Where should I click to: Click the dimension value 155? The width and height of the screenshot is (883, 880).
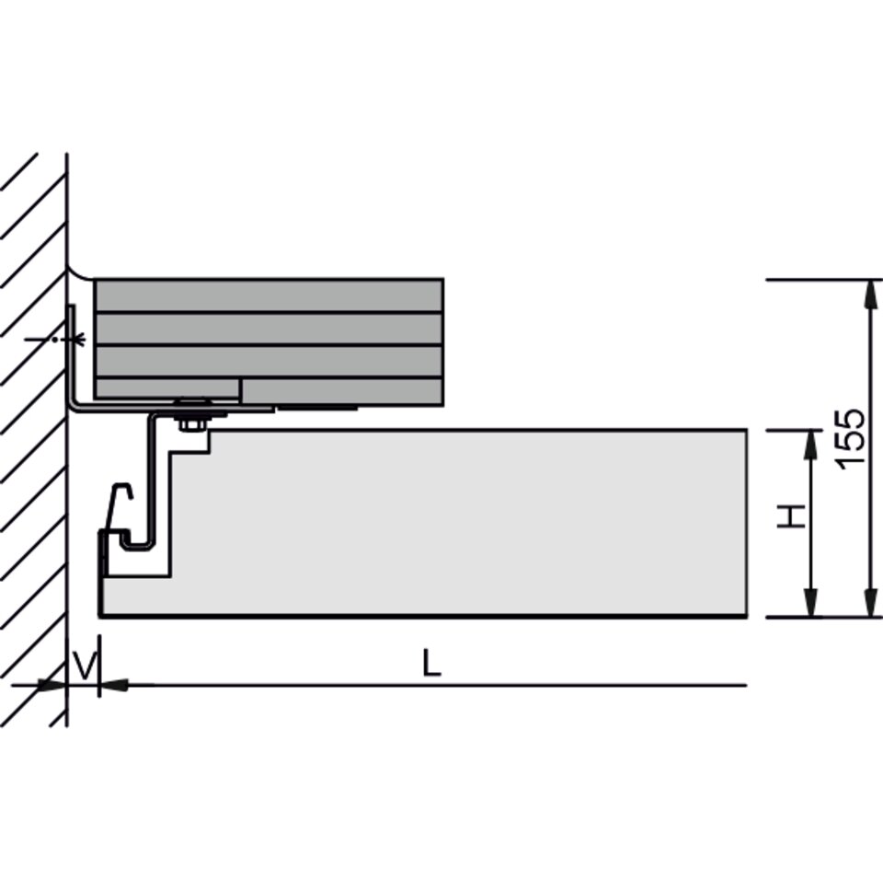click(x=850, y=438)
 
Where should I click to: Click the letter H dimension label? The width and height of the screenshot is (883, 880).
click(x=791, y=516)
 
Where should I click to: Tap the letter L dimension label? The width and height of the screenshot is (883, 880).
click(x=432, y=663)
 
